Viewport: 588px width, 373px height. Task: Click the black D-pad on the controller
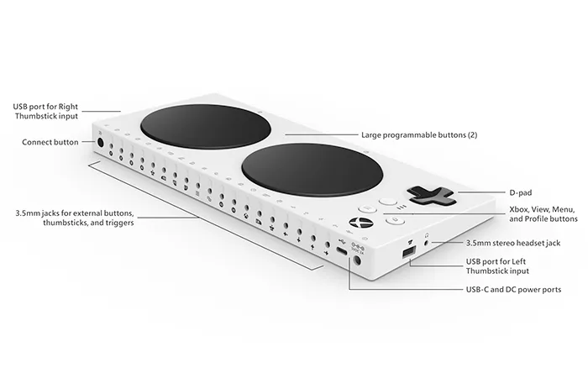431,196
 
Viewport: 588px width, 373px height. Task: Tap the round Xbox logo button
357,223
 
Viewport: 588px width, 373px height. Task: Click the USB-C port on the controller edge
341,250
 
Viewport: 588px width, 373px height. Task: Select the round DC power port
357,260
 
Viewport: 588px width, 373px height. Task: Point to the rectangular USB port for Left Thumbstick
409,252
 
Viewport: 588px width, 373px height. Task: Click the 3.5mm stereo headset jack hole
428,243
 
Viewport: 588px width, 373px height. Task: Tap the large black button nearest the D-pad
312,170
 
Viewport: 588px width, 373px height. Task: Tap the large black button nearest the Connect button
206,126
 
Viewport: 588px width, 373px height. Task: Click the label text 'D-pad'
521,192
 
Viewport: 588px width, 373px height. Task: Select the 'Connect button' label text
50,142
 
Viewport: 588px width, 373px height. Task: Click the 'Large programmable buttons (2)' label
419,135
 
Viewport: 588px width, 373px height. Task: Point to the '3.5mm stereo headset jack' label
513,243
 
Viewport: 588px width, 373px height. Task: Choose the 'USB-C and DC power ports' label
513,289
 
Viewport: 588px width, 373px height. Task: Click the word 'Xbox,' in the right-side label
519,209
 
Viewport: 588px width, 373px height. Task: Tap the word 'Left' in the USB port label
518,261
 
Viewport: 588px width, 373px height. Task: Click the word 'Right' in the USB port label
68,107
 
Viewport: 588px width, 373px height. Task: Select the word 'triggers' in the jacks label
118,223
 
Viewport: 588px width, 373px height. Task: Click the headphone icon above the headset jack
427,235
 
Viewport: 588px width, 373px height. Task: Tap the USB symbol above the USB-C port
341,240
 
